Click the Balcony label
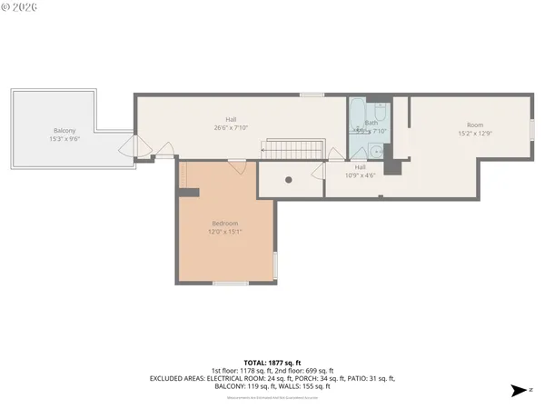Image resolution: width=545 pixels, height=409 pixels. click(x=64, y=131)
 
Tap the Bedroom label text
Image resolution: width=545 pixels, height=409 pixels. click(x=225, y=224)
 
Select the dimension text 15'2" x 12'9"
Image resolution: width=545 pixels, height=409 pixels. click(x=475, y=134)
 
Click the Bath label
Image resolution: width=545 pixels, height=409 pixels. click(x=372, y=123)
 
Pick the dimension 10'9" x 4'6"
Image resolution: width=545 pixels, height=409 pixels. click(x=361, y=175)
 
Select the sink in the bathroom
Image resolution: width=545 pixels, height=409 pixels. click(x=376, y=151)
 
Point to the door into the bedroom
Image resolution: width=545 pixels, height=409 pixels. click(x=237, y=165)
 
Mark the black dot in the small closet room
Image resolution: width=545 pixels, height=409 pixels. click(x=289, y=179)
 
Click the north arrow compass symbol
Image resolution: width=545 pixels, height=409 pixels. click(x=517, y=391)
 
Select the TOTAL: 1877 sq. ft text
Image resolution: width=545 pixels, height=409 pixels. click(x=272, y=363)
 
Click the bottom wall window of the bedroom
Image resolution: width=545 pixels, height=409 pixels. click(x=231, y=284)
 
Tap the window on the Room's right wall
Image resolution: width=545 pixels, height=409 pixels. click(x=531, y=129)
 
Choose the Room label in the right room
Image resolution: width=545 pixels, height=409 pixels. click(x=475, y=125)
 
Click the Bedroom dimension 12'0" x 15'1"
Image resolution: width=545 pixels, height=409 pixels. click(x=225, y=232)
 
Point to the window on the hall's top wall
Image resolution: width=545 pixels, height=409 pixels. click(x=312, y=95)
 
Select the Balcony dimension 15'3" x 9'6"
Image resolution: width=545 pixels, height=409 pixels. click(x=64, y=139)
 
